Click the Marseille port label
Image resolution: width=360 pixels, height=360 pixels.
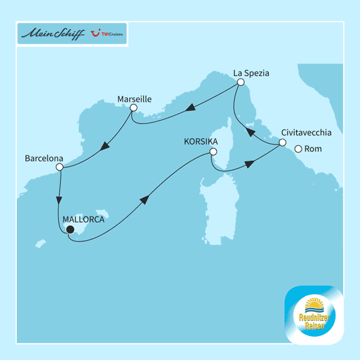point(134,98)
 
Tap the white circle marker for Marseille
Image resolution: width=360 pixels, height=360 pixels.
point(133,108)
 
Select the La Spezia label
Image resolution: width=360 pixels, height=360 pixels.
point(251,73)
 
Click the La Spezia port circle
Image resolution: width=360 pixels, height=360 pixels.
point(239,82)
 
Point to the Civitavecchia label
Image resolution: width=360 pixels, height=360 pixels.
point(306,133)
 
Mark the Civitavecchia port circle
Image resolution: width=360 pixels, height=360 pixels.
point(281,142)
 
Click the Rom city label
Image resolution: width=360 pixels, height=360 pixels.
point(314,149)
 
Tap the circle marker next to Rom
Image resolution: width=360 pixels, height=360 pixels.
point(298,149)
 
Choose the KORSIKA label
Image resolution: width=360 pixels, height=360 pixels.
point(200,142)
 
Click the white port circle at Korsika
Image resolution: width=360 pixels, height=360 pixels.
point(212,152)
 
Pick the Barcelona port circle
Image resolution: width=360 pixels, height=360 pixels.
point(59,168)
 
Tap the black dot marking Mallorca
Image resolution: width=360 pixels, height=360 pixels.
point(70,229)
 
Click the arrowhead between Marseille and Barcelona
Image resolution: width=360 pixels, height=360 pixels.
point(106,146)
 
